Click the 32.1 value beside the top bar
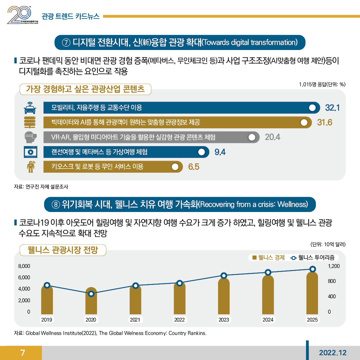pyautogui.click(x=332, y=108)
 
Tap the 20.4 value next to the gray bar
pyautogui.click(x=272, y=137)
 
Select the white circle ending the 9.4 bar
pyautogui.click(x=201, y=152)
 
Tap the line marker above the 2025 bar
pyautogui.click(x=312, y=269)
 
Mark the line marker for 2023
pyautogui.click(x=224, y=275)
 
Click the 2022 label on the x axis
pyautogui.click(x=179, y=320)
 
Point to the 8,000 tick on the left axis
pyautogui.click(x=24, y=266)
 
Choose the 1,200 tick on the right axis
pyautogui.click(x=334, y=266)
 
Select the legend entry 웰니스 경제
pyautogui.click(x=269, y=258)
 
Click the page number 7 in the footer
pyautogui.click(x=22, y=353)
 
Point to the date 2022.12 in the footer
pyautogui.click(x=332, y=353)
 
